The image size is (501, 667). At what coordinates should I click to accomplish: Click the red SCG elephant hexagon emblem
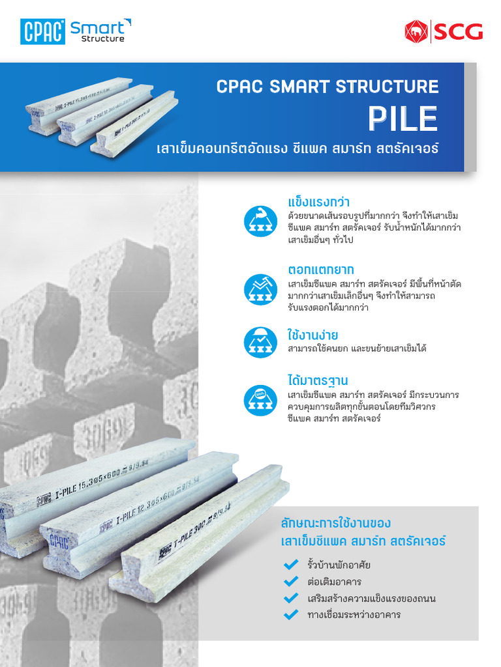pos(415,31)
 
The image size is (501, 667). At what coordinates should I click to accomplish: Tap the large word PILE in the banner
pos(402,118)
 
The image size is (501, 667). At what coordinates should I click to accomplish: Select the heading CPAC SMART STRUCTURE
pos(327,87)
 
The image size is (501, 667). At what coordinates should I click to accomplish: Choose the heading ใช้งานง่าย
pos(313,335)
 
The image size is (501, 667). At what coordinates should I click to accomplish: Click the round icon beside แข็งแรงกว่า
pos(261,221)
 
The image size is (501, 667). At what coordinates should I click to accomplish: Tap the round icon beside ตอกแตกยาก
pos(261,289)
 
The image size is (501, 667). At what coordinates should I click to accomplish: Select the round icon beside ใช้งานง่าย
pos(261,343)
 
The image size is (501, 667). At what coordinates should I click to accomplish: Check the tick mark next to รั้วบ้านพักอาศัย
pos(291,565)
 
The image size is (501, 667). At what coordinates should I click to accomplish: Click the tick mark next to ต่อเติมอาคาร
pos(291,581)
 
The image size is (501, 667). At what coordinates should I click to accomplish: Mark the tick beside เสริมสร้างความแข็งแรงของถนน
pos(291,598)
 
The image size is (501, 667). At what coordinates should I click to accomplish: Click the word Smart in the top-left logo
pos(97,27)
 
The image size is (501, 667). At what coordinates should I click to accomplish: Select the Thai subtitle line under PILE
pos(297,149)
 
